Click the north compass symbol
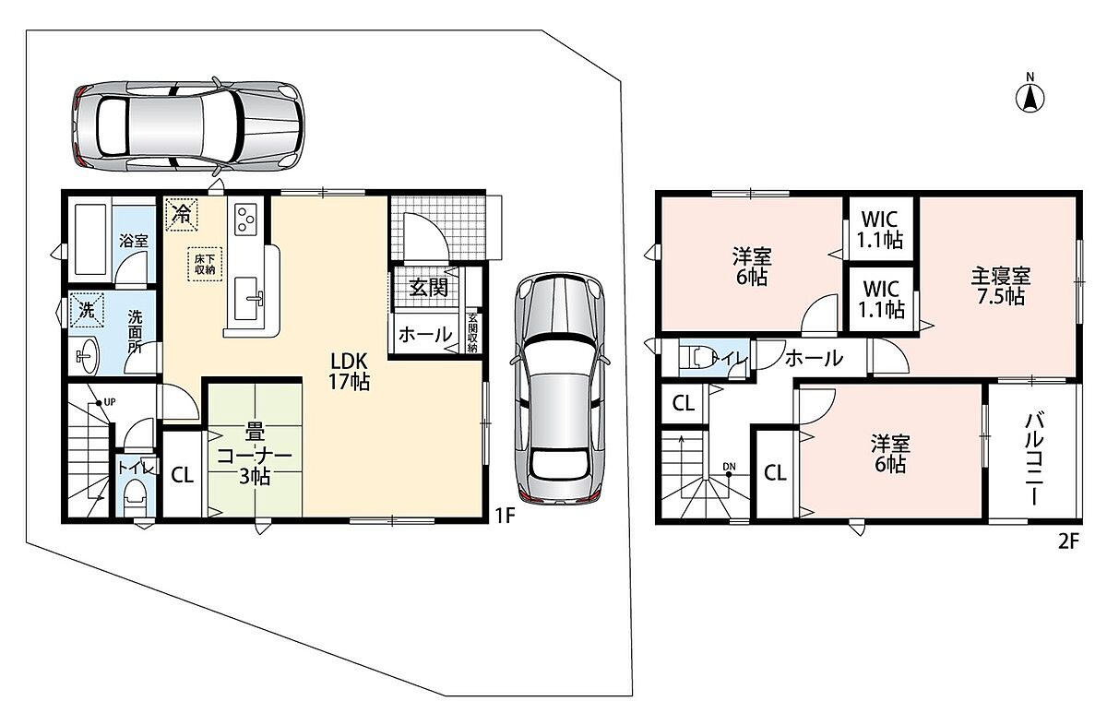point(1030,99)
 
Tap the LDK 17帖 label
point(349,372)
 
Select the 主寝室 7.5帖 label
point(1001,286)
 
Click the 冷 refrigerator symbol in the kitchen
point(182,214)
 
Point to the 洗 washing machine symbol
point(87,310)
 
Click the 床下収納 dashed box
point(205,264)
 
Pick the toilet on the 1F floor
point(134,497)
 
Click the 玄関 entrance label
point(428,288)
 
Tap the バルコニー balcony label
point(1033,459)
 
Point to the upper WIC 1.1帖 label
point(880,230)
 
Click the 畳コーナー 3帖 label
point(255,456)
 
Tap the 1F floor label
point(506,516)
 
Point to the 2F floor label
point(1068,542)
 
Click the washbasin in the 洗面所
point(88,355)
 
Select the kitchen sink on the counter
point(246,299)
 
